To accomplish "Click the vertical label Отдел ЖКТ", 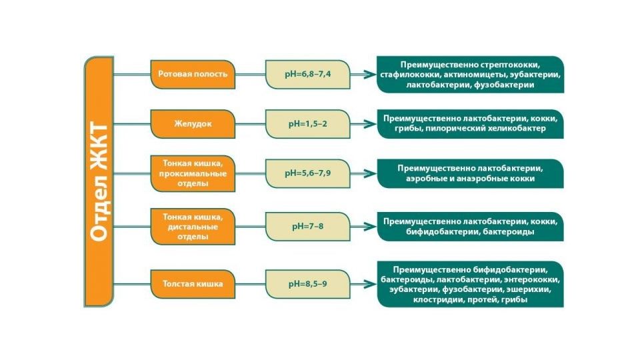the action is pyautogui.click(x=99, y=181).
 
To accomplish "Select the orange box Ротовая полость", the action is pyautogui.click(x=193, y=74).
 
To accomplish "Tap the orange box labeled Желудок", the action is pyautogui.click(x=193, y=124).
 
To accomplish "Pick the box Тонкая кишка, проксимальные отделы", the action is pyautogui.click(x=193, y=173).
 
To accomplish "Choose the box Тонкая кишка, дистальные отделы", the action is pyautogui.click(x=193, y=227).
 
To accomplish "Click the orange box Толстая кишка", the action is pyautogui.click(x=193, y=284).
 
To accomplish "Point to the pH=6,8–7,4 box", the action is pyautogui.click(x=308, y=74).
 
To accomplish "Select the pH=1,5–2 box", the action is pyautogui.click(x=308, y=124).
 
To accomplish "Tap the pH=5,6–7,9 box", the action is pyautogui.click(x=308, y=173).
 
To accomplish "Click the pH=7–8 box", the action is pyautogui.click(x=308, y=227).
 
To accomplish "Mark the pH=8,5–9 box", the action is pyautogui.click(x=308, y=284).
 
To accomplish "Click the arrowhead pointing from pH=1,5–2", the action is pyautogui.click(x=370, y=124).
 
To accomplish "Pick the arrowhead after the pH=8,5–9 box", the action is pyautogui.click(x=370, y=284).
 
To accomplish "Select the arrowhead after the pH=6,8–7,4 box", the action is pyautogui.click(x=370, y=74).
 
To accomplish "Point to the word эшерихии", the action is pyautogui.click(x=529, y=290).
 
